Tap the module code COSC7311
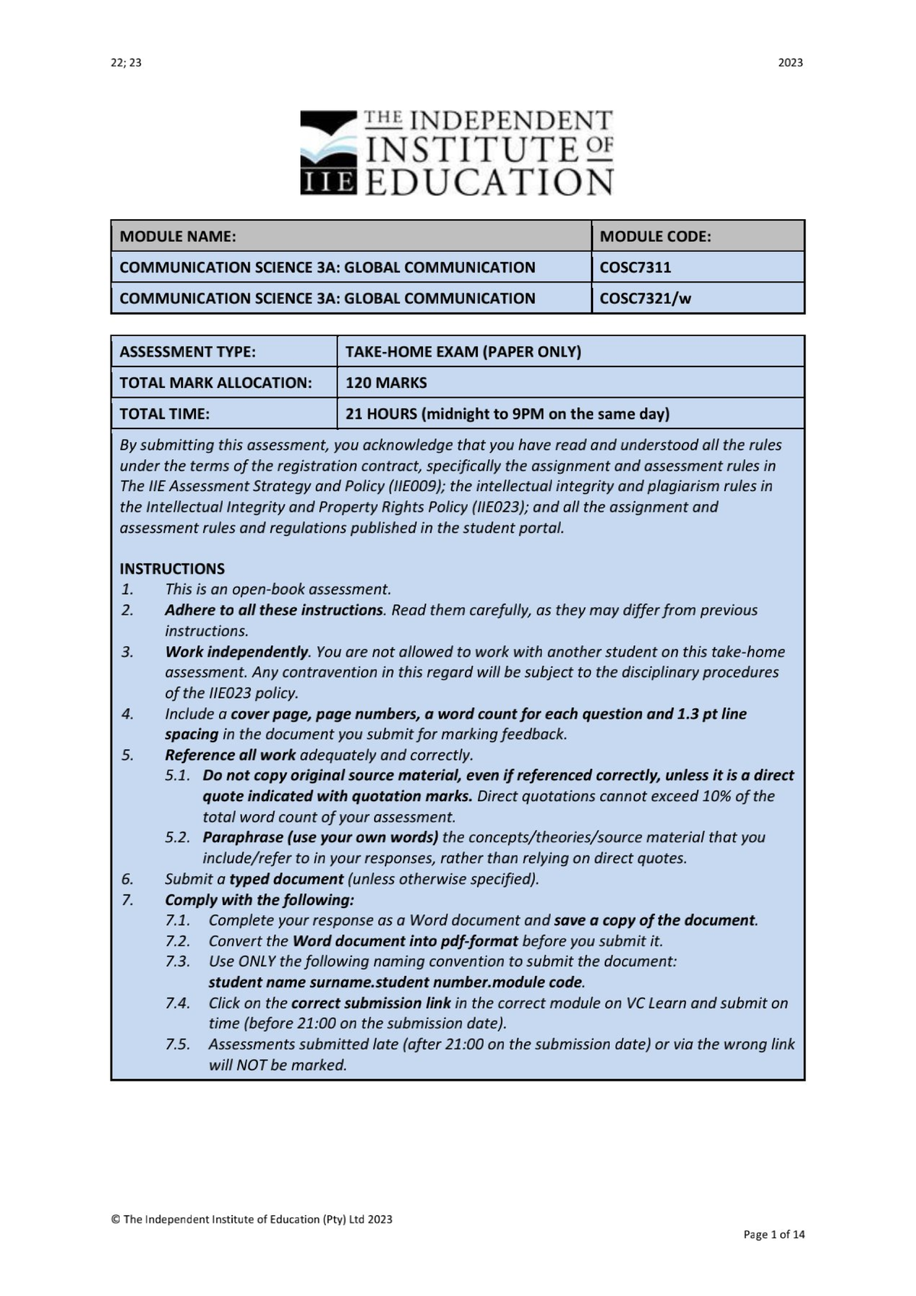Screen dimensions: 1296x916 point(636,267)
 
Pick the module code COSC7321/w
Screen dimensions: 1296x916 point(645,299)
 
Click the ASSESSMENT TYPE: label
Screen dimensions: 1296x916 point(188,352)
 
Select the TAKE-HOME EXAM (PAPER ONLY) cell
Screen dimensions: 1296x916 point(463,352)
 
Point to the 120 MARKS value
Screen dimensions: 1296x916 point(386,383)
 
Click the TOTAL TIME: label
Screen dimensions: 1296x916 point(165,414)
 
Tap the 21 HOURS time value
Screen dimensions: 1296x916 point(507,414)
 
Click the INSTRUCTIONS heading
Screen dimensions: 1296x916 point(173,569)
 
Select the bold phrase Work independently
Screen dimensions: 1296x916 point(237,652)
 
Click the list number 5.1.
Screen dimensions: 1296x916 point(177,776)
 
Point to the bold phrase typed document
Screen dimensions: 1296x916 point(286,879)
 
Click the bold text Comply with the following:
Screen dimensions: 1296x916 point(260,900)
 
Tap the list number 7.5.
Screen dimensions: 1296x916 point(177,1045)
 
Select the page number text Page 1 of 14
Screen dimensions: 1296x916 point(774,1235)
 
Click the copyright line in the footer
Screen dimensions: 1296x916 point(252,1220)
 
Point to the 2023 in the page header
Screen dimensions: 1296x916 point(790,63)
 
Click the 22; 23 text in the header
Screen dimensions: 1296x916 point(126,63)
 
